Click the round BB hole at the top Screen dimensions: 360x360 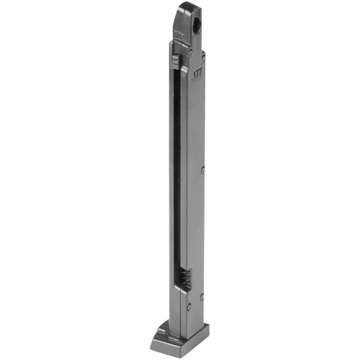point(197,23)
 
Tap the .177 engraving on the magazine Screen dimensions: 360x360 point(197,74)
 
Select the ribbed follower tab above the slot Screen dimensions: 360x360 point(176,62)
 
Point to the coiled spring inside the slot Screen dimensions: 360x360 point(185,277)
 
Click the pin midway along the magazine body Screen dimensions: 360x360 point(203,170)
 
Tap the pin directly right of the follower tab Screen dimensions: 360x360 point(190,53)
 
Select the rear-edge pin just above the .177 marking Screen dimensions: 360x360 point(203,58)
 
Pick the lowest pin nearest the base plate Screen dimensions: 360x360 point(189,307)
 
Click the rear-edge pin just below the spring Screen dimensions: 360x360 point(202,298)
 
